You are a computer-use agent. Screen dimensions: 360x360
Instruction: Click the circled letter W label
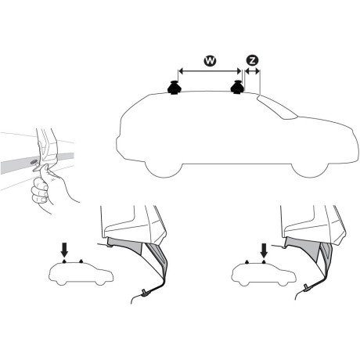(209, 59)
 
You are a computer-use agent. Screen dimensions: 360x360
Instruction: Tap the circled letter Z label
(252, 59)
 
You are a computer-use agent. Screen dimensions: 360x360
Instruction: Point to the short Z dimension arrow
(252, 71)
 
